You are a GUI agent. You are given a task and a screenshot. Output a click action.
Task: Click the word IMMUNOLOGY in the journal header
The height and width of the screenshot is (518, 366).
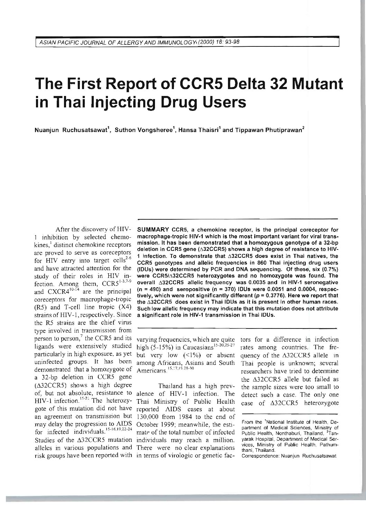[179, 42]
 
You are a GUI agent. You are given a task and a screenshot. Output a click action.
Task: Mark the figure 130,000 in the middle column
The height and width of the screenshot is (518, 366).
[150, 416]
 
